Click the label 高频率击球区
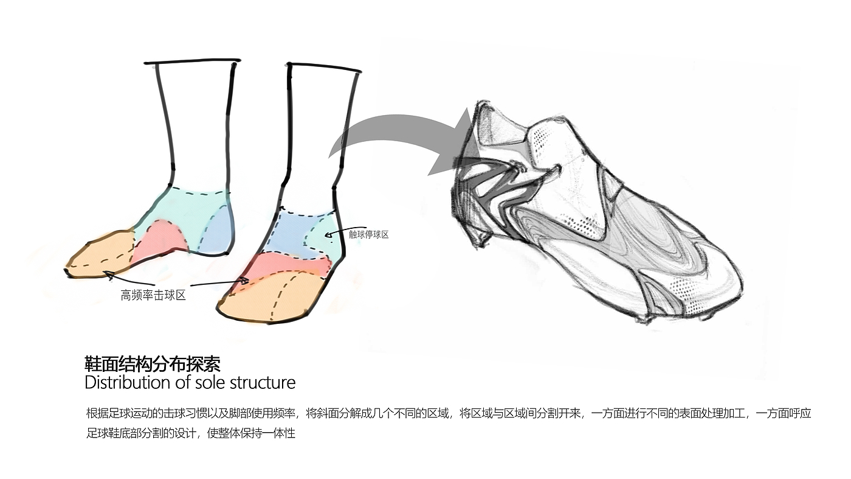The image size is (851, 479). point(153,296)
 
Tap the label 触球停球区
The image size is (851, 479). point(368,234)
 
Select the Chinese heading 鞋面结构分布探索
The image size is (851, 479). point(152,365)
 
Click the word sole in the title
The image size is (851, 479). point(218,383)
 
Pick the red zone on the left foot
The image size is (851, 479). point(158,239)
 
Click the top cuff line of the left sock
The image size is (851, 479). point(192,61)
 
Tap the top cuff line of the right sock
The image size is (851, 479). point(324,68)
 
